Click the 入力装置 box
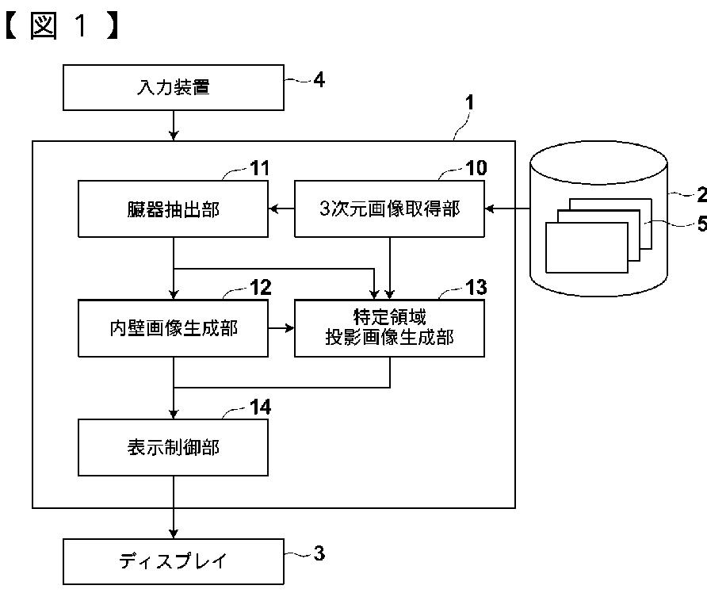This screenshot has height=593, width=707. tap(173, 87)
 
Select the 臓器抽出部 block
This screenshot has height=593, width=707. tap(173, 209)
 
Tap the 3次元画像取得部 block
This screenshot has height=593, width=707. tap(390, 209)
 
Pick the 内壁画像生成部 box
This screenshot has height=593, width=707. tap(173, 328)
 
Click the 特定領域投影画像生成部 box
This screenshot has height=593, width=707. tap(390, 328)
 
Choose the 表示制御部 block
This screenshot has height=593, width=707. tap(173, 447)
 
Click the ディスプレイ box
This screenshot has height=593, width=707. tap(173, 561)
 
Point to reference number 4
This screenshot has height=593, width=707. tap(319, 80)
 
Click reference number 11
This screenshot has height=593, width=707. tap(260, 168)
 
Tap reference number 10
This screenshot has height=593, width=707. tap(476, 168)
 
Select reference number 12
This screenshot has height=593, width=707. tap(261, 288)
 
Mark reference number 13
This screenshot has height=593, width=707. tap(476, 288)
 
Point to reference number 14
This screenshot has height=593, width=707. tap(261, 407)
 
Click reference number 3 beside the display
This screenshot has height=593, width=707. tap(319, 553)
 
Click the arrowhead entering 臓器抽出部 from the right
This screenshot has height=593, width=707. tap(273, 209)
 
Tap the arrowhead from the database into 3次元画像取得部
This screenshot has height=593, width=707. tap(490, 209)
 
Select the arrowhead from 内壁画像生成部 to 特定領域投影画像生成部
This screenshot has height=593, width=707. tap(289, 328)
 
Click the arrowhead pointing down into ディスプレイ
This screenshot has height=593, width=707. tap(174, 534)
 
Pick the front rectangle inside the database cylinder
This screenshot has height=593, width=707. tap(587, 247)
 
